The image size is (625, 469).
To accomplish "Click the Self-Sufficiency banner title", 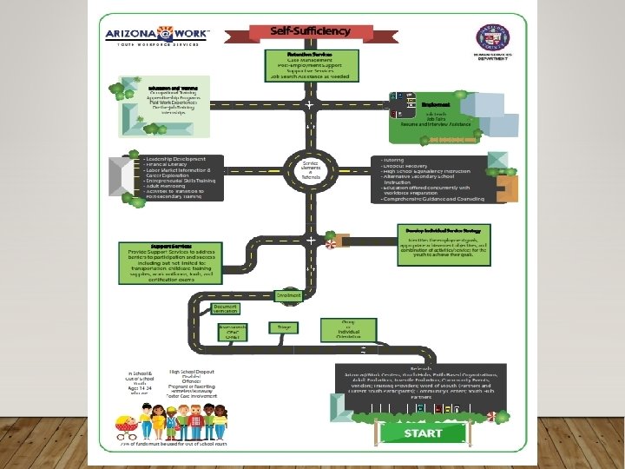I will pos(310,31).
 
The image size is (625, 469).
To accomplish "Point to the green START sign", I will pos(423,432).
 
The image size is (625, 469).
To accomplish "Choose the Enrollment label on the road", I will pos(288,295).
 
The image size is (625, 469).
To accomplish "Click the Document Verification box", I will pos(225,308).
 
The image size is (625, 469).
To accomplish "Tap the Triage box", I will pos(284,327).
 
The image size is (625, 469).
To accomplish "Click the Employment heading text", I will pos(436,104).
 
